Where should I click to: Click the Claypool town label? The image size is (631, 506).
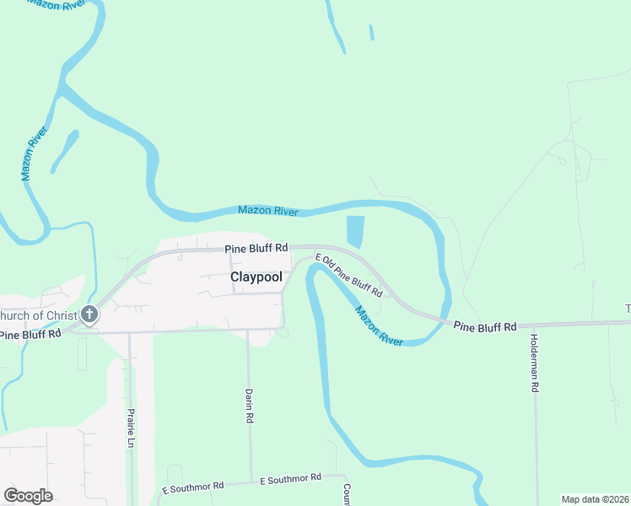pyautogui.click(x=256, y=277)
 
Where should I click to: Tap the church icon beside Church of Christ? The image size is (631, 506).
pyautogui.click(x=89, y=315)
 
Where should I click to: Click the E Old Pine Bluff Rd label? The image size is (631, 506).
pyautogui.click(x=349, y=276)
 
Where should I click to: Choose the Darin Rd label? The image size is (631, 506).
pyautogui.click(x=250, y=406)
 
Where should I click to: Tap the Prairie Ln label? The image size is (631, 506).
pyautogui.click(x=131, y=430)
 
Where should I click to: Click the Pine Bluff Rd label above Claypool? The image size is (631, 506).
pyautogui.click(x=256, y=249)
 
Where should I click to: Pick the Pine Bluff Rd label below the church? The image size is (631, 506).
pyautogui.click(x=31, y=335)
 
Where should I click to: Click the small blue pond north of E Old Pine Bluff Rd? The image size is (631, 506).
pyautogui.click(x=355, y=230)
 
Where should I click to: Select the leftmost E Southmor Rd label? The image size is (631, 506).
pyautogui.click(x=193, y=487)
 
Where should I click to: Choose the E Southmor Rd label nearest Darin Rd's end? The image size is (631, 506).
pyautogui.click(x=291, y=478)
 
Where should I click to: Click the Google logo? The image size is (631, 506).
pyautogui.click(x=28, y=496)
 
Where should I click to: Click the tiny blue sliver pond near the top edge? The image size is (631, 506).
pyautogui.click(x=371, y=33)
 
